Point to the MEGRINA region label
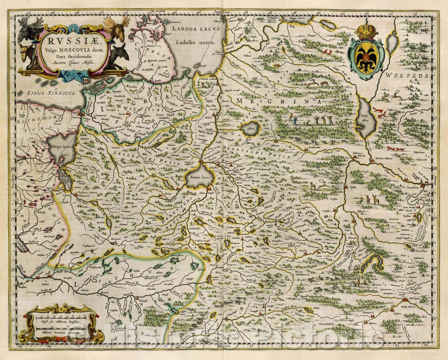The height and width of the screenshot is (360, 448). (276, 101)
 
